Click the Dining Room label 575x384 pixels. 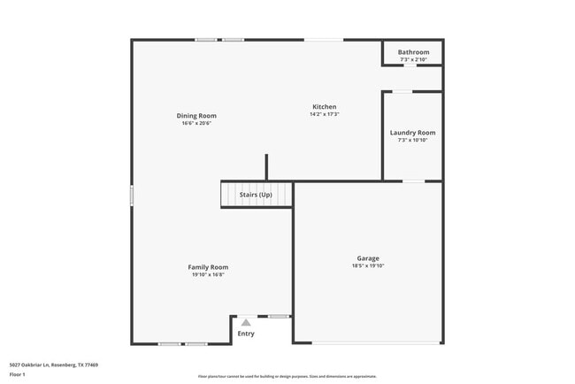[x=196, y=116]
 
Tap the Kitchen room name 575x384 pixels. [x=325, y=107]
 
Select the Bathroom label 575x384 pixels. [x=413, y=52]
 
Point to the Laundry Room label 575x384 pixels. [x=413, y=133]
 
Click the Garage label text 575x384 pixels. [x=368, y=257]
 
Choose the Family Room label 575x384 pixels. [x=208, y=267]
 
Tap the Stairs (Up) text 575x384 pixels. [x=256, y=195]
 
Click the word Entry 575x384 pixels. [x=246, y=334]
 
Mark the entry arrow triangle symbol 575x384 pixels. [x=246, y=323]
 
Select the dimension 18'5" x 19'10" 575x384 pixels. [x=368, y=265]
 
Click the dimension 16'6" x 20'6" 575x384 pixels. [x=196, y=123]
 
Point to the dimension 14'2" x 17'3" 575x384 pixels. [x=325, y=114]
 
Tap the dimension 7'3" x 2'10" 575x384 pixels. [x=413, y=59]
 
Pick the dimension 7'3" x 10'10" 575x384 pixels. [x=413, y=140]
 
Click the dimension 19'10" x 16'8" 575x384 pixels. [x=208, y=274]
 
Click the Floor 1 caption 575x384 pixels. [x=18, y=374]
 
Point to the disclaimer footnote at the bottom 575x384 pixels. [x=287, y=376]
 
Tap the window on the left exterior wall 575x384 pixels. [x=132, y=195]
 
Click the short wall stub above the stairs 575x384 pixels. [x=266, y=167]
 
